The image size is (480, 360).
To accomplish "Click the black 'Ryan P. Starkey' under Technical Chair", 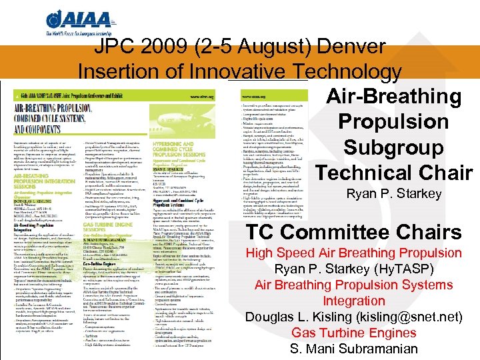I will pos(394,194).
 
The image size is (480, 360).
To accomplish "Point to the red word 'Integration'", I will pos(354,301).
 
